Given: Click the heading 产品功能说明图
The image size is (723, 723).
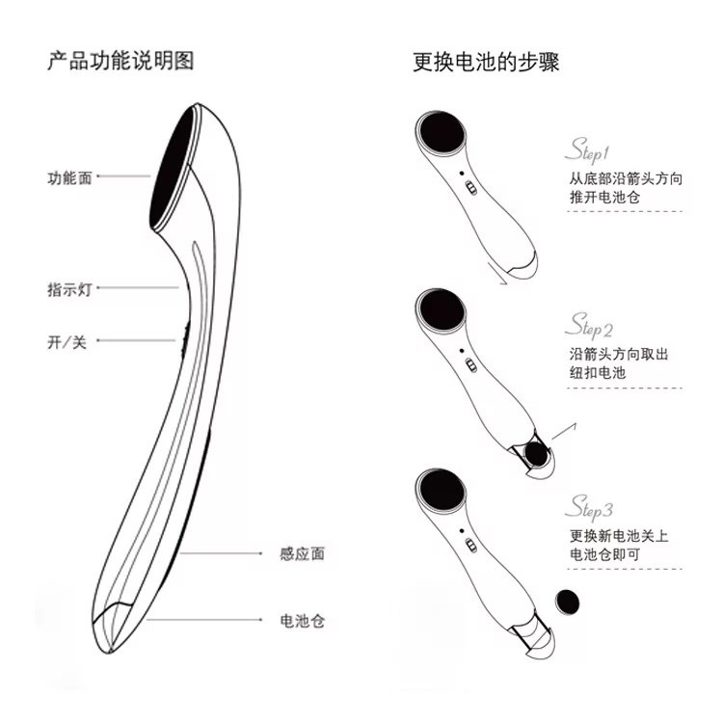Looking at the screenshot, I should [120, 62].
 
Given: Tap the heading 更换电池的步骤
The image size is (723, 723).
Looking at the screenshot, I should [486, 62].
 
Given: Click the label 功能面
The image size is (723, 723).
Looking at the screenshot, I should [69, 177].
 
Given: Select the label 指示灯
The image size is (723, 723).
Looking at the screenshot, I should [69, 289].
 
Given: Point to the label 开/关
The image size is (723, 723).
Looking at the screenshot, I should [67, 342].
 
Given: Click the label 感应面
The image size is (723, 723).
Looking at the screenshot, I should [302, 553].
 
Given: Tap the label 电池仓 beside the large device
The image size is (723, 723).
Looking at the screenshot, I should [302, 620].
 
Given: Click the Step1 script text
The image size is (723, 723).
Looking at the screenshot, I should [587, 151].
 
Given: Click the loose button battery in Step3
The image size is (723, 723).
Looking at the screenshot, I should [568, 601].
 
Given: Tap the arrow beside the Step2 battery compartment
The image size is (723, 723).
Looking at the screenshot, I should [563, 427].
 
